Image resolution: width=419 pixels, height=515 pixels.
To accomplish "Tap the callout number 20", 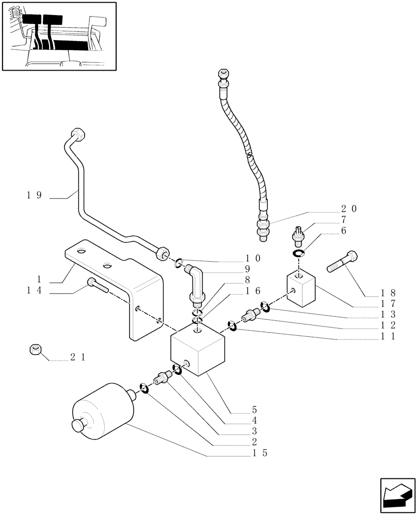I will point(349,209).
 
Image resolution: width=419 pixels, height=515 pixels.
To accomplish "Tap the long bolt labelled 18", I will point(343,262).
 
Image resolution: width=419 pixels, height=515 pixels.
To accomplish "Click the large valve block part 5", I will point(197,350).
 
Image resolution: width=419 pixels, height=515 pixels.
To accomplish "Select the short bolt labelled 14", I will point(97,284).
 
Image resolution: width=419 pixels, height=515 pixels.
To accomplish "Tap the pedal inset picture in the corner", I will point(58,36).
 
